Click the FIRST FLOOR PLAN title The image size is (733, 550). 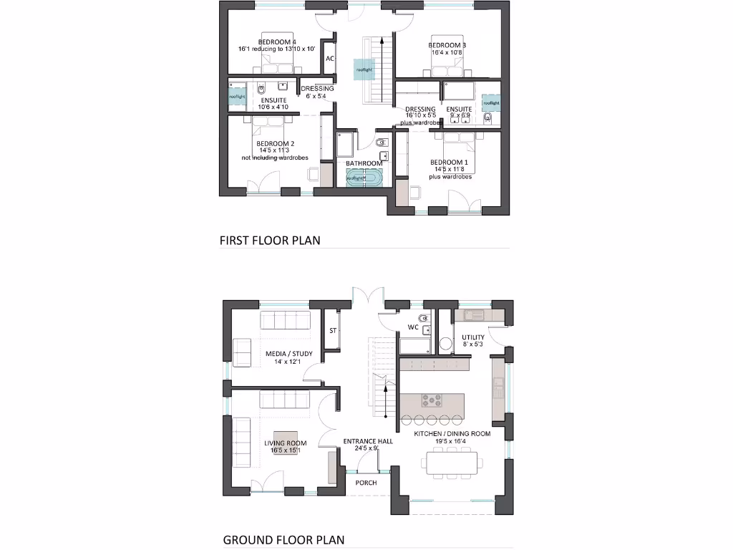point(269,241)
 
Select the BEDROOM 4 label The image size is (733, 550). point(277,42)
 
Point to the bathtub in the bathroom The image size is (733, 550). point(365,178)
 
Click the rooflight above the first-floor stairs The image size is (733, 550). point(365,70)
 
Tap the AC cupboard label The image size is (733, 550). point(330,59)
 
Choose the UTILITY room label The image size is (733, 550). point(472,337)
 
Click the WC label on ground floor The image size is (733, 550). point(413,327)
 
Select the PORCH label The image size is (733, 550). point(366,483)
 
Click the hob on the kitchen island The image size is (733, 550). point(434,401)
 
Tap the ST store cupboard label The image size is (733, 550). point(332,331)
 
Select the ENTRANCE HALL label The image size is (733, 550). point(368,442)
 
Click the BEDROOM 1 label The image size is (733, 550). point(448,162)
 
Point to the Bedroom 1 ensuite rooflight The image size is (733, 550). point(491,103)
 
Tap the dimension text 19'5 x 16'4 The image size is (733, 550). point(452,442)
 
